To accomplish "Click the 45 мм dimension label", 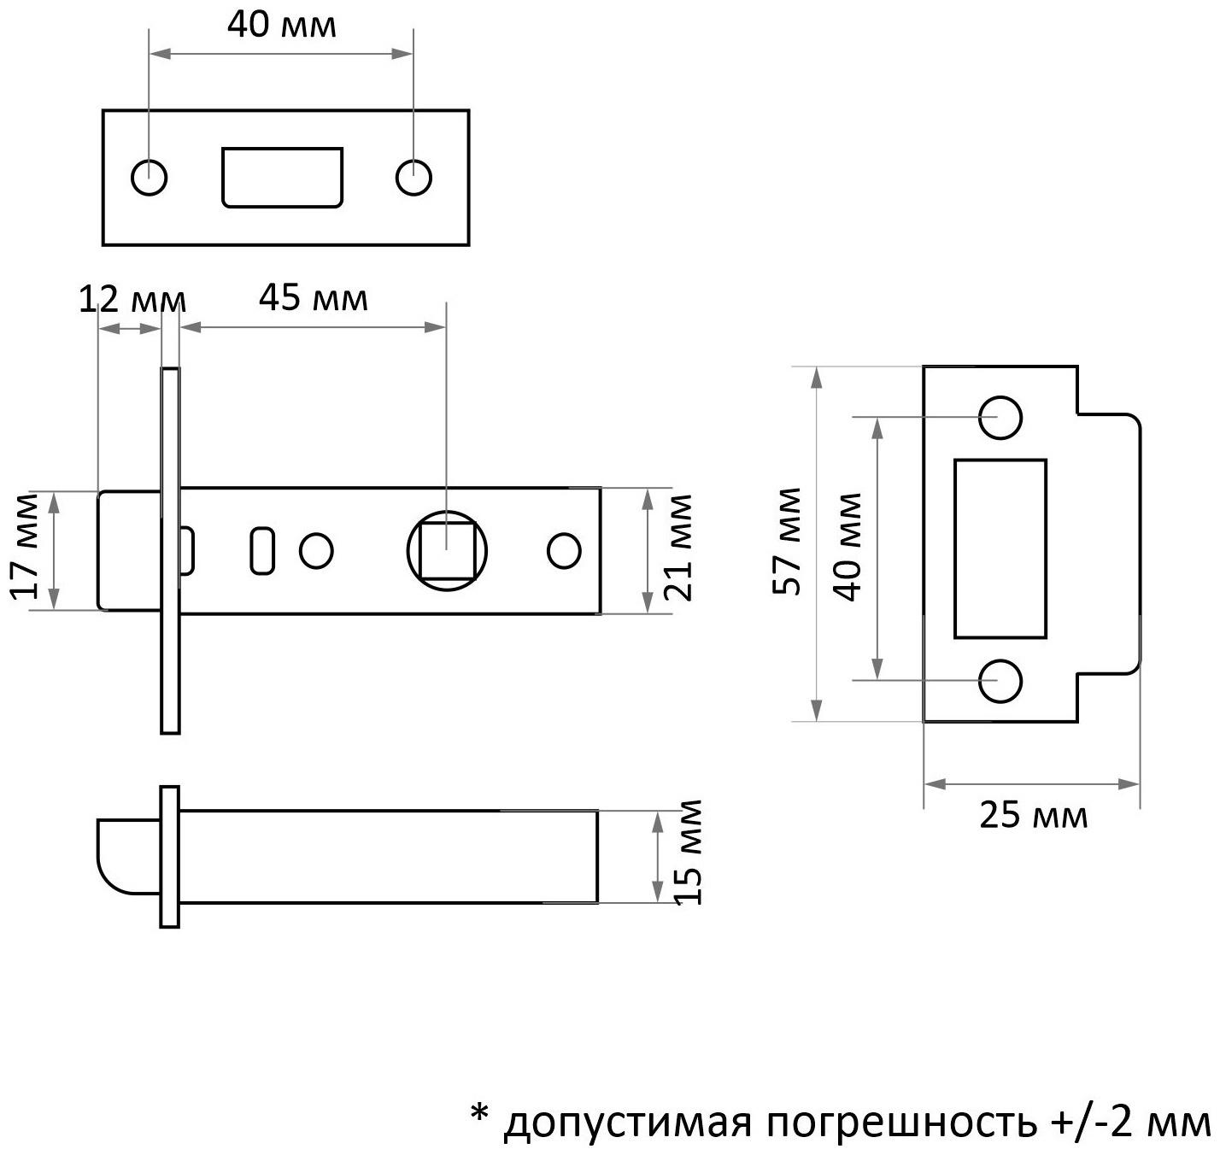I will [x=313, y=299].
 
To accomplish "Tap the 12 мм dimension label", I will [x=132, y=301].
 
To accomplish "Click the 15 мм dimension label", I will [x=688, y=853].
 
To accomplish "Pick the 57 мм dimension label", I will [x=787, y=542].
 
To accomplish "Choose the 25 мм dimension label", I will [x=1034, y=816].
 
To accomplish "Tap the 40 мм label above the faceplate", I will [x=281, y=26].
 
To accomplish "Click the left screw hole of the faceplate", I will [x=150, y=178].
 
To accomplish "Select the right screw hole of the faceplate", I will [x=414, y=178].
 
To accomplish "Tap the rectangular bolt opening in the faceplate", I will [x=282, y=178].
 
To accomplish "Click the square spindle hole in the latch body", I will [x=447, y=551].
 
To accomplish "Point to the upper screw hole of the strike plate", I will [x=1000, y=418].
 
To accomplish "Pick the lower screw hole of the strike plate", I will [x=1000, y=680].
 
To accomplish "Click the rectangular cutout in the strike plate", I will [x=1000, y=548].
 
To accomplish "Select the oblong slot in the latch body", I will [x=261, y=551].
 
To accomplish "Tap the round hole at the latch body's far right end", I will [x=564, y=551].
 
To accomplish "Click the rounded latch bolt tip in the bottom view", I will [x=124, y=857].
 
